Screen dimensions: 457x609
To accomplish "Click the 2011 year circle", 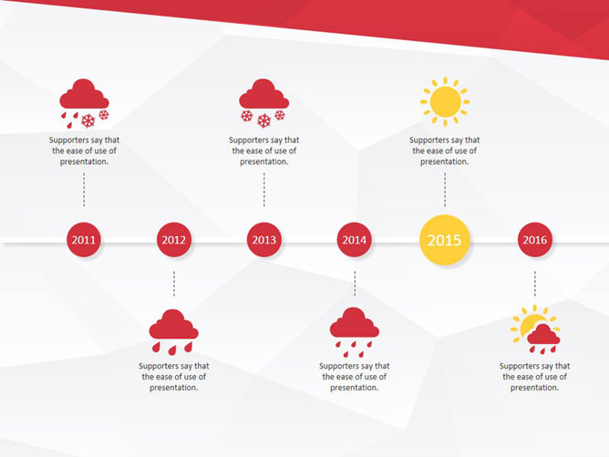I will (x=84, y=241).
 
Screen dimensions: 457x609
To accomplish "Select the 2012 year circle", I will (x=174, y=241).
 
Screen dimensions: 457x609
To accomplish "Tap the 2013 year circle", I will (x=264, y=241).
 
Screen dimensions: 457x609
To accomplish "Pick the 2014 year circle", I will (x=355, y=241).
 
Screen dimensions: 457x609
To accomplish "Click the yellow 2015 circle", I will (x=445, y=241).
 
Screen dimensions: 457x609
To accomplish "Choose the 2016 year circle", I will (x=535, y=241).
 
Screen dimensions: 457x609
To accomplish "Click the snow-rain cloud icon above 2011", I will (x=84, y=103).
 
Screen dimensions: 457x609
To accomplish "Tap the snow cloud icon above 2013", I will (x=263, y=103).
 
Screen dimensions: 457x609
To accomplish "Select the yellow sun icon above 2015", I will (x=445, y=101).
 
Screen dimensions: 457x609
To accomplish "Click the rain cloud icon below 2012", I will (x=174, y=331).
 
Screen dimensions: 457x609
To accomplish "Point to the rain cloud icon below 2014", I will (x=355, y=331).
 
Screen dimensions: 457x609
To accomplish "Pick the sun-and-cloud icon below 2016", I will (x=535, y=329).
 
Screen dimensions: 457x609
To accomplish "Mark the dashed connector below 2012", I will (x=174, y=284).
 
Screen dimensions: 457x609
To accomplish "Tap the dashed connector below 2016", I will (x=535, y=284).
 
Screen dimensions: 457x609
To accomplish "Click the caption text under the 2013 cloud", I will (x=264, y=151).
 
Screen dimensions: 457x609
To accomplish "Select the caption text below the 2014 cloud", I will (x=355, y=377).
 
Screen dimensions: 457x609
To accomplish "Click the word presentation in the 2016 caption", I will (x=535, y=388).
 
